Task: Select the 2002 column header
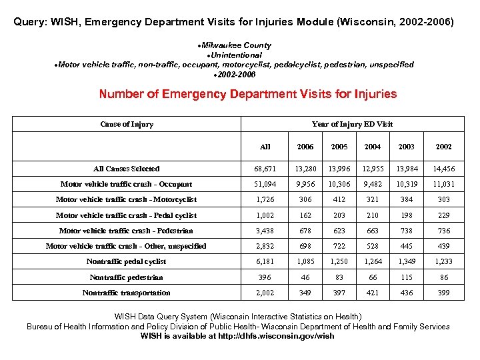(x=443, y=147)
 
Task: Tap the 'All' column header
(x=265, y=147)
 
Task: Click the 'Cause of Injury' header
(x=127, y=124)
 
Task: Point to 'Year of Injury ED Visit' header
(x=352, y=124)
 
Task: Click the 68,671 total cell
(x=265, y=169)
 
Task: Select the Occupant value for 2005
(x=339, y=184)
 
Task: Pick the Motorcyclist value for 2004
(x=373, y=199)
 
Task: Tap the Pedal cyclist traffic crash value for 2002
(x=443, y=215)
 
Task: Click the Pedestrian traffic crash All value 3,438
(x=265, y=231)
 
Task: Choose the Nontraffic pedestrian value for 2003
(x=406, y=277)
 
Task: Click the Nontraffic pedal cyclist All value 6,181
(x=265, y=261)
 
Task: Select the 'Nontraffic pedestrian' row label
(x=127, y=277)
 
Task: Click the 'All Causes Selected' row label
(x=127, y=169)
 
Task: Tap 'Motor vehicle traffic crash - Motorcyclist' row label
(x=127, y=199)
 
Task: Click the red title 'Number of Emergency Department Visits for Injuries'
(x=248, y=94)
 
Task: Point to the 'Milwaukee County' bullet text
(x=240, y=45)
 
